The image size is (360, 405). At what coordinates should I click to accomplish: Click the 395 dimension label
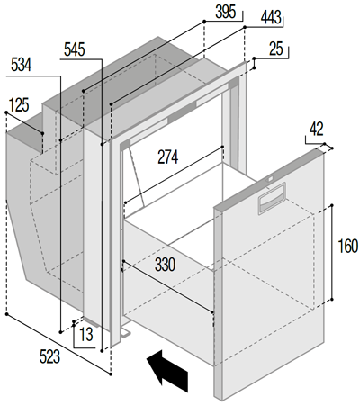[226, 12]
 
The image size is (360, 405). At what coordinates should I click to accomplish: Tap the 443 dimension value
[271, 17]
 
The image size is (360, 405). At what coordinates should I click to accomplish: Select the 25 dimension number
[276, 49]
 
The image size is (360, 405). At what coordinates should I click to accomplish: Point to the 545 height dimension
[75, 49]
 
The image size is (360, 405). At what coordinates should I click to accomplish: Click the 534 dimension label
[21, 65]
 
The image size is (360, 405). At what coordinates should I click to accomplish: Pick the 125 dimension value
[19, 105]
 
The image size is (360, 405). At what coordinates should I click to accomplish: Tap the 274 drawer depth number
[168, 157]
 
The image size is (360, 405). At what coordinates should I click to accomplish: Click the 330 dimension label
[166, 265]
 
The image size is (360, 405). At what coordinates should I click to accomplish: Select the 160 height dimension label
[348, 246]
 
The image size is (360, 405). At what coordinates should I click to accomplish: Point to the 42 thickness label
[317, 130]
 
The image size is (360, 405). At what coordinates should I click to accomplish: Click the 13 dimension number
[86, 334]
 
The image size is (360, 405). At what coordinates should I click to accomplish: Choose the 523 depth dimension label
[49, 356]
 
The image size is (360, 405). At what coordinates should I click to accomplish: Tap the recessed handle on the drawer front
[272, 199]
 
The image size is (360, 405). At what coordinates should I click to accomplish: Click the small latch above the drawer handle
[270, 180]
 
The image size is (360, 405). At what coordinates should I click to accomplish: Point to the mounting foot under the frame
[125, 332]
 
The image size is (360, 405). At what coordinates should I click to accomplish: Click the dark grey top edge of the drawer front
[269, 179]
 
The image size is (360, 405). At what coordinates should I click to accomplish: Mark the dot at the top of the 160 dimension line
[332, 205]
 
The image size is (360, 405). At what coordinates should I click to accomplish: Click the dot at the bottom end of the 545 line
[103, 350]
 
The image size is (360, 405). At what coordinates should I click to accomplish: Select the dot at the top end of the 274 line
[222, 147]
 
